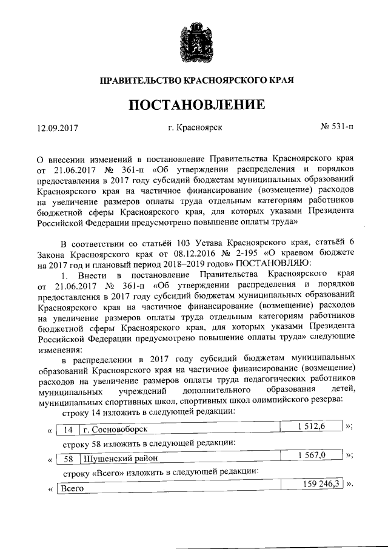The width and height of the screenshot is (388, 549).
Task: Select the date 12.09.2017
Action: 58,129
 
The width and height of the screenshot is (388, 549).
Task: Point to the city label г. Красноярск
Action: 195,128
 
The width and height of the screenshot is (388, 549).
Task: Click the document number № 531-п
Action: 336,127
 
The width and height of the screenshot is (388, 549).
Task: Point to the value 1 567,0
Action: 312,456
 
